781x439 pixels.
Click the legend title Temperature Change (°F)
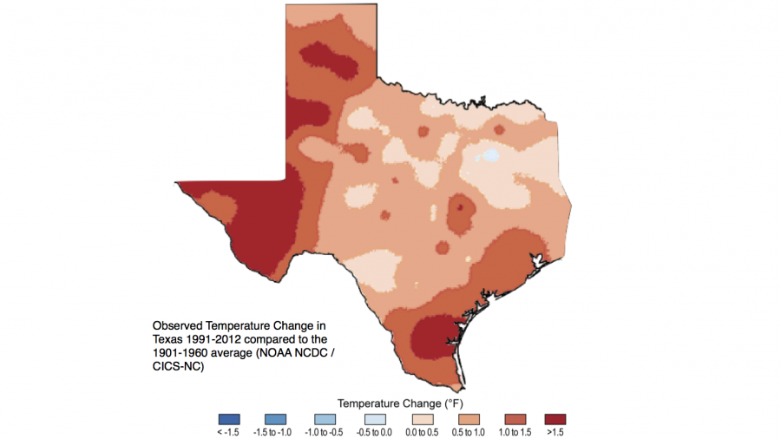pyautogui.click(x=391, y=403)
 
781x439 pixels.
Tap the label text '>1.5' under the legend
pyautogui.click(x=555, y=431)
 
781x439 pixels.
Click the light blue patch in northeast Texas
pyautogui.click(x=492, y=156)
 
